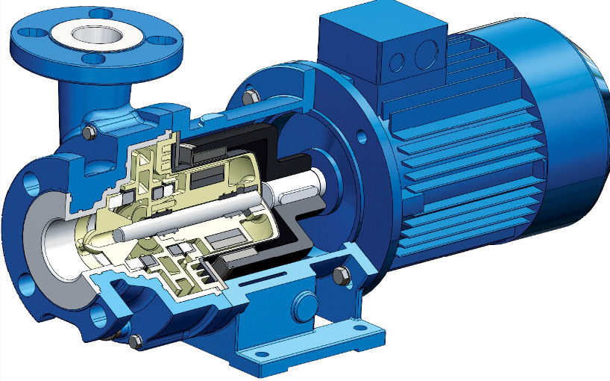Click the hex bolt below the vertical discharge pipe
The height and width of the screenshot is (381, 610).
point(89,132)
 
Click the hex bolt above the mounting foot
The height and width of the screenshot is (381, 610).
point(341,276)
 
